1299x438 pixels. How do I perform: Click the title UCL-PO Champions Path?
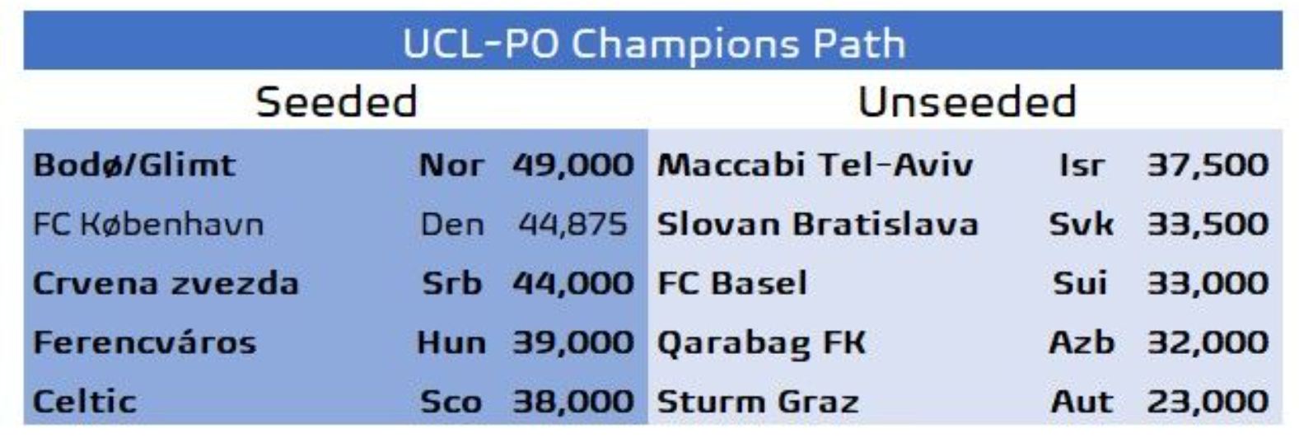coord(653,44)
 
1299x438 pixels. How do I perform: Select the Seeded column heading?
coord(336,102)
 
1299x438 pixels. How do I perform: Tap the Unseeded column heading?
coord(967,102)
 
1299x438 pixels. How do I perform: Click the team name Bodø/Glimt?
coord(134,165)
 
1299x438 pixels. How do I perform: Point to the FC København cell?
coord(148,224)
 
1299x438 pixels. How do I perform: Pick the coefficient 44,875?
coord(572,224)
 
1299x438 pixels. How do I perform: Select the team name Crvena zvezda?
coord(166,283)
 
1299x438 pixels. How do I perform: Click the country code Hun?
coord(451,342)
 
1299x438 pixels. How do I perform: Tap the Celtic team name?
coord(85,402)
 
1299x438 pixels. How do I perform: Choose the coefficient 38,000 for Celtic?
coord(573,402)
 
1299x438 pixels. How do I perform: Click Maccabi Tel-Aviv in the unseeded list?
coord(815,165)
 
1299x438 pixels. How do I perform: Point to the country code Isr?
coord(1082,165)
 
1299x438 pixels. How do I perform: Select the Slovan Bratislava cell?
coord(818,224)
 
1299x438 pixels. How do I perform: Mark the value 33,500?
coord(1208,224)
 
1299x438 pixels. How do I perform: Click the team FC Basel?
coord(731,283)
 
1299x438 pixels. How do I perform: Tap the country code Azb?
coord(1082,342)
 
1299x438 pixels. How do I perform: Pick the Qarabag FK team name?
coord(761,343)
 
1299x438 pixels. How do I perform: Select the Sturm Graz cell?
coord(758,402)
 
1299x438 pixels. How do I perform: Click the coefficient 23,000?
coord(1208,402)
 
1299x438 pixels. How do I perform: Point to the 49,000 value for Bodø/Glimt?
coord(573,165)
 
